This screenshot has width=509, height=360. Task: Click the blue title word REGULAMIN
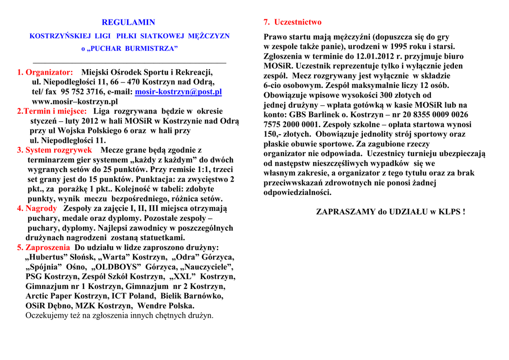click(x=128, y=22)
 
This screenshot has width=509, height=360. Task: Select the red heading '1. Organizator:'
click(x=45, y=73)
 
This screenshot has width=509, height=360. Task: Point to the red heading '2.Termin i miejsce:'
click(x=52, y=111)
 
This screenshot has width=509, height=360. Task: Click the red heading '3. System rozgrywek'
click(x=55, y=150)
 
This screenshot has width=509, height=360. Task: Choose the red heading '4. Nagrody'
click(x=37, y=208)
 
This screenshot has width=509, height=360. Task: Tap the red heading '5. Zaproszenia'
click(x=44, y=247)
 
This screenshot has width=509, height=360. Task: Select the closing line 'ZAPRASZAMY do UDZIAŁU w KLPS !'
click(x=391, y=212)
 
